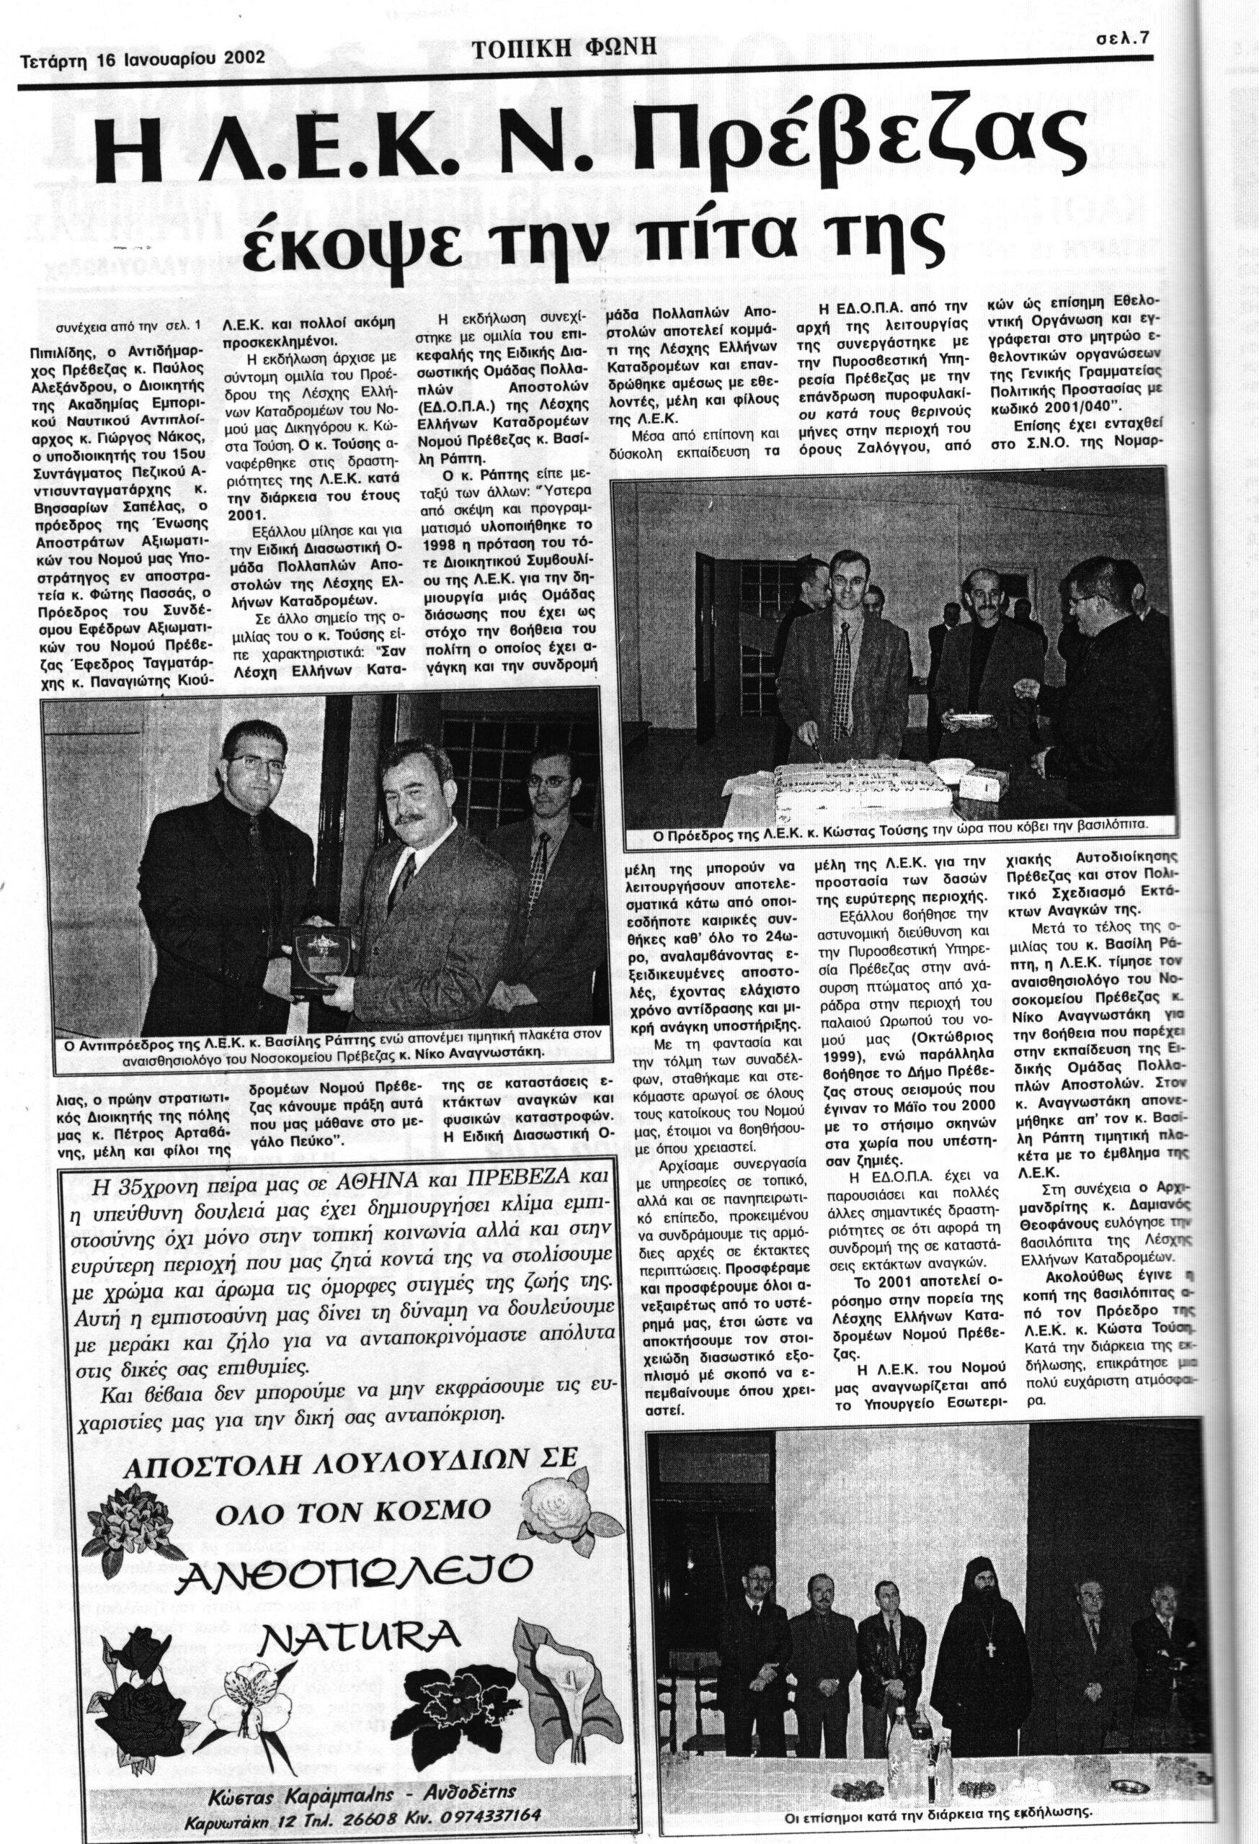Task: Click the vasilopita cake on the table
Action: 853,774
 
